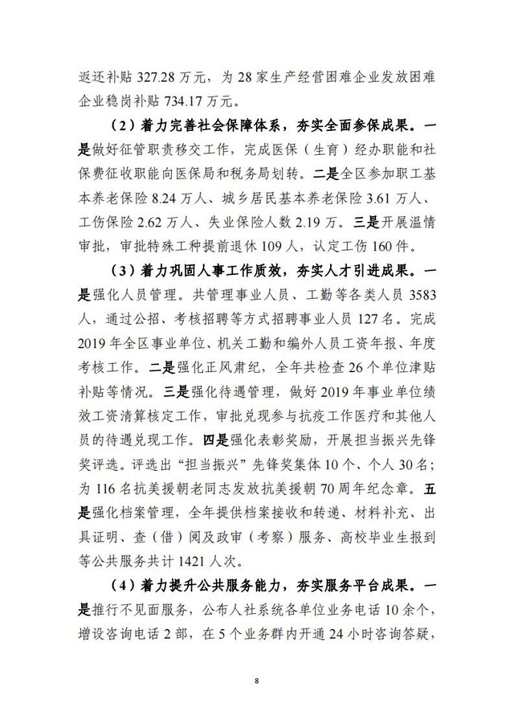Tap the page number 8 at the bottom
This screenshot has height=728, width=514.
256,681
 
